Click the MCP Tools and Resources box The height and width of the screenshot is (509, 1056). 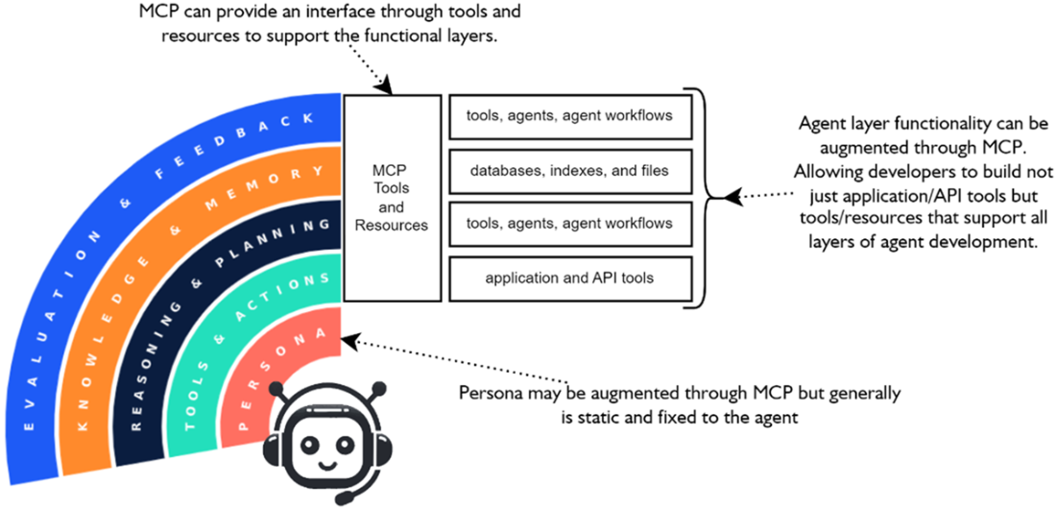pos(392,196)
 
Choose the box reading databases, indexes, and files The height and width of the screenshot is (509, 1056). pos(569,170)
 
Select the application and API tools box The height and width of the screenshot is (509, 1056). pos(569,279)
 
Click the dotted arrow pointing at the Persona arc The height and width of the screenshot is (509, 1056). pos(451,360)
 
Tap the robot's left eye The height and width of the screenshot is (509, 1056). pos(309,444)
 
